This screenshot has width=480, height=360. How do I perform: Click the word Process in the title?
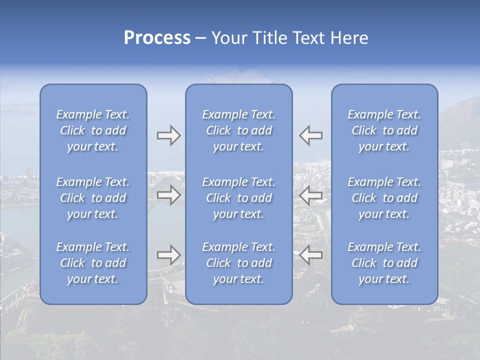[x=157, y=38]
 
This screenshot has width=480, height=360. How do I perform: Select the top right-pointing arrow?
[x=168, y=135]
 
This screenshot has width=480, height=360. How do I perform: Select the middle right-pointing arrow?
[x=168, y=195]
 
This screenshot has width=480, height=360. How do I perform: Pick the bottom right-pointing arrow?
[x=168, y=255]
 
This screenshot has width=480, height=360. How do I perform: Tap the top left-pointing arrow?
[x=310, y=135]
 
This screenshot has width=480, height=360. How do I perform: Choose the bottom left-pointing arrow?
[x=310, y=255]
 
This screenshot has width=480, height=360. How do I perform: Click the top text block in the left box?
[x=93, y=130]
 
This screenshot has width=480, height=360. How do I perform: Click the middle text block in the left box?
[x=93, y=198]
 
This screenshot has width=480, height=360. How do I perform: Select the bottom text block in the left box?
[x=93, y=263]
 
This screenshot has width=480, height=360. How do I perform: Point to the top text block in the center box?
[x=239, y=130]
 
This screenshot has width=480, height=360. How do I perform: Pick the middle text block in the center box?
[x=239, y=198]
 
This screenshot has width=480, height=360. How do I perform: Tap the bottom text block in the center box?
[x=239, y=263]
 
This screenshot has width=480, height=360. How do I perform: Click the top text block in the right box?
[x=384, y=130]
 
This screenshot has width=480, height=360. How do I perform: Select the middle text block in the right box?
[x=384, y=198]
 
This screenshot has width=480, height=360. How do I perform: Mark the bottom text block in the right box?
[x=384, y=263]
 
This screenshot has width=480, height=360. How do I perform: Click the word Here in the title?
[x=350, y=38]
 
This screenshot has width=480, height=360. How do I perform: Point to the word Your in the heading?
[x=227, y=38]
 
